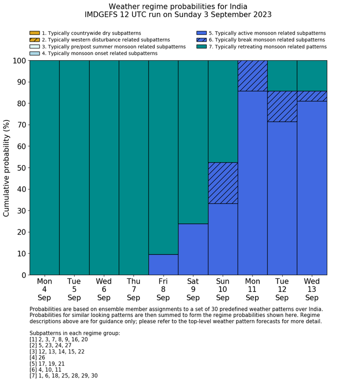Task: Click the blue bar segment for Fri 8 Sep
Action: click(x=163, y=264)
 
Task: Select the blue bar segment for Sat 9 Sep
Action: click(x=193, y=249)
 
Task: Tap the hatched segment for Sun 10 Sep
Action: click(x=223, y=183)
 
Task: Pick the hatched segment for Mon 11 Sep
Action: click(x=253, y=76)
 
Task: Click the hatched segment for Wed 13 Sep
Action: click(x=312, y=96)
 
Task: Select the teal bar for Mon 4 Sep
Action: click(x=44, y=167)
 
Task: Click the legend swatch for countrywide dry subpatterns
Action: click(x=34, y=33)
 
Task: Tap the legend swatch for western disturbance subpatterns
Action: click(x=34, y=40)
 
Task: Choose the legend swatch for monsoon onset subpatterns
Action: click(x=34, y=53)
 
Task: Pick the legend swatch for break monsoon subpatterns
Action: click(x=202, y=40)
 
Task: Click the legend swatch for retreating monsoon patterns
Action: click(x=202, y=46)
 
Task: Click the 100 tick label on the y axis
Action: click(x=19, y=61)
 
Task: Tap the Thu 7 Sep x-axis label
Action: click(x=133, y=289)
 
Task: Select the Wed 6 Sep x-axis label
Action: click(x=104, y=289)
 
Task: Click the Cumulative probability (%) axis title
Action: click(x=7, y=168)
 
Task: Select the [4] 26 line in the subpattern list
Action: click(x=40, y=358)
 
